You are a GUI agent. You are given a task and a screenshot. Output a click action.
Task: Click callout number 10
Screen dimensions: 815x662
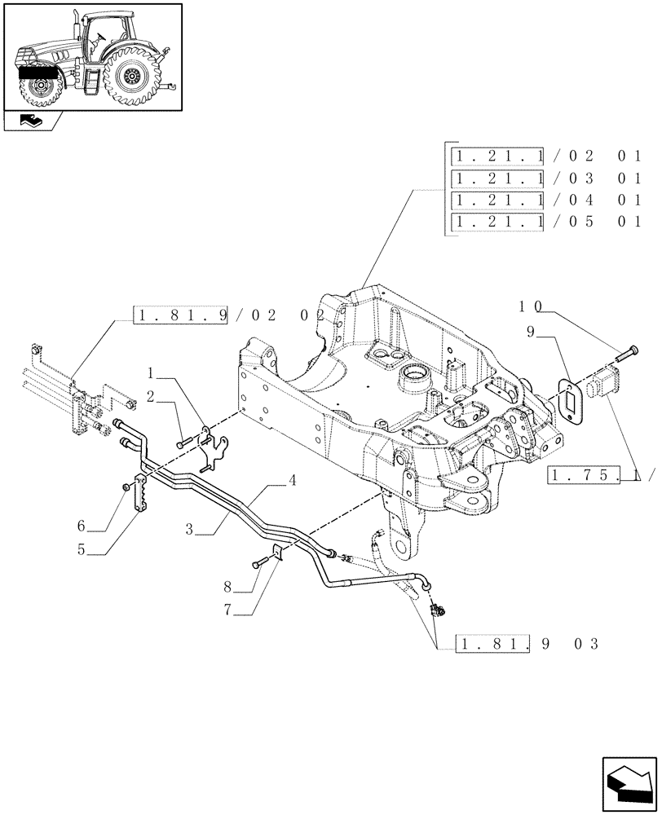pyautogui.click(x=531, y=307)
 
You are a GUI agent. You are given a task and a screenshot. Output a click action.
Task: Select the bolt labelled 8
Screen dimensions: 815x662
pyautogui.click(x=260, y=563)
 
